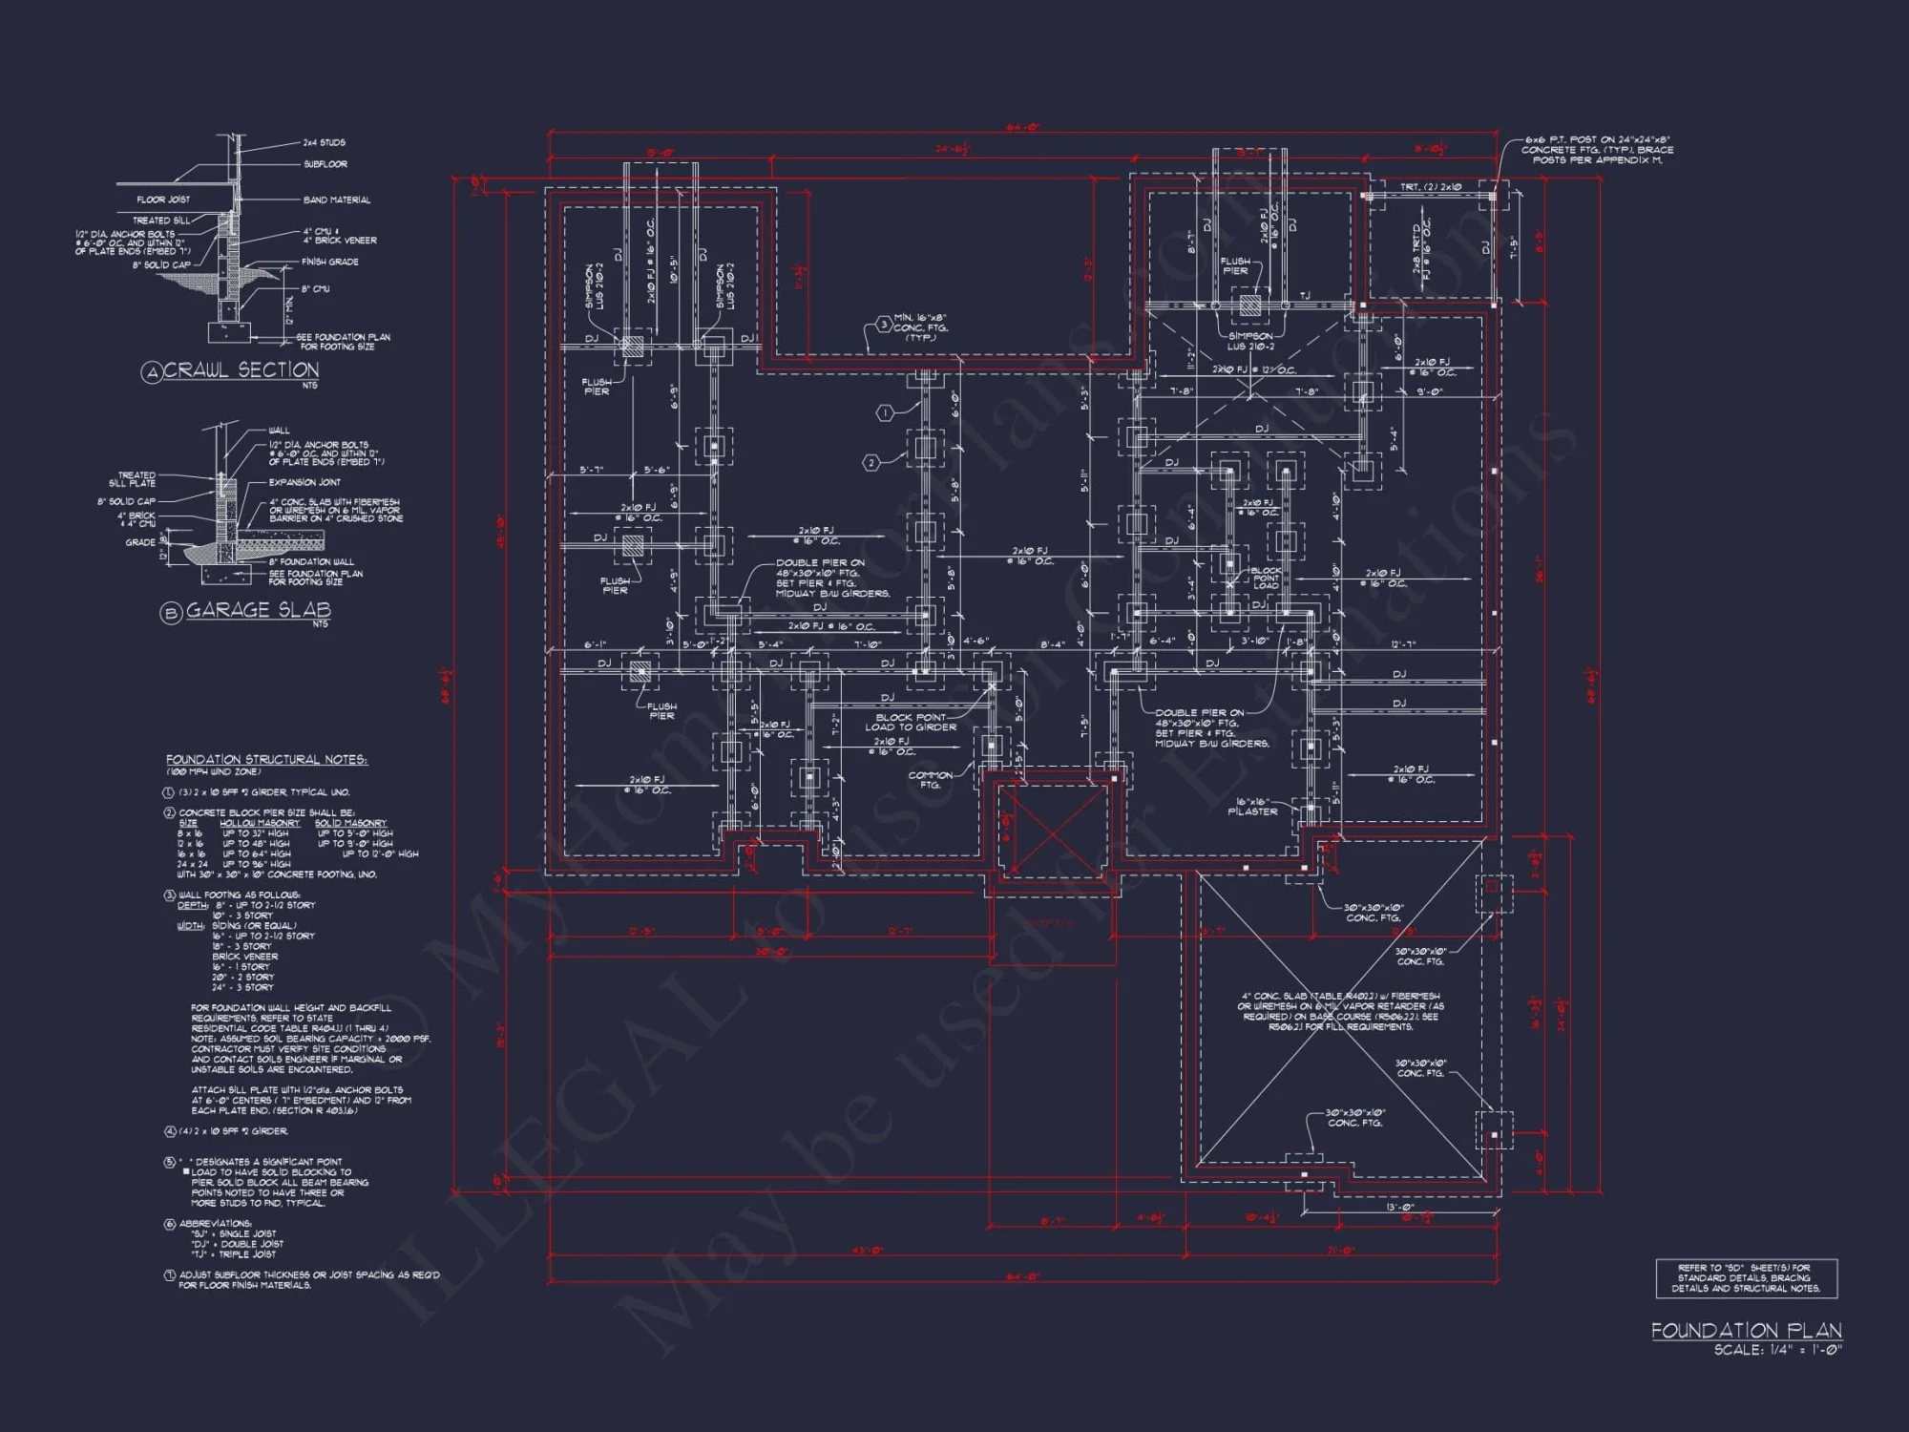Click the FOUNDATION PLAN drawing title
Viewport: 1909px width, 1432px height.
click(1746, 1330)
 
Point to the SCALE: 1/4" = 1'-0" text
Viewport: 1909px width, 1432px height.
click(1777, 1350)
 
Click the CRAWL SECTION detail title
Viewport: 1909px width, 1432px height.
click(241, 370)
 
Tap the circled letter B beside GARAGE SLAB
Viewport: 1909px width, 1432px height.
click(171, 613)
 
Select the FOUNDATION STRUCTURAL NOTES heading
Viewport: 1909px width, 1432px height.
click(266, 760)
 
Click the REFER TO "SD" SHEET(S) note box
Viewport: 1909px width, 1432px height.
click(1746, 1278)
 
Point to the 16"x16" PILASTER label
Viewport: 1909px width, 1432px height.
click(1251, 807)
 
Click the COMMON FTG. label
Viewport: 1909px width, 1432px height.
click(930, 779)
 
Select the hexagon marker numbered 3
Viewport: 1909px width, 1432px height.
click(884, 325)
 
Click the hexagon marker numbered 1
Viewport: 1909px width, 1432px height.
click(885, 412)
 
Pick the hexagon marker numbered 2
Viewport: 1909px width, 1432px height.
click(871, 463)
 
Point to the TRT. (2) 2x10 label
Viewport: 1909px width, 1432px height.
click(1430, 187)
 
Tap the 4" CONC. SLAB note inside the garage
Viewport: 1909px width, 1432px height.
click(1340, 1011)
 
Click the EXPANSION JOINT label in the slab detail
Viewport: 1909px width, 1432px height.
click(304, 482)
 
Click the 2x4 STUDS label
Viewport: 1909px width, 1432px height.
click(324, 142)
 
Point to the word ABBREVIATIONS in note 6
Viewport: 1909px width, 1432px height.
click(215, 1223)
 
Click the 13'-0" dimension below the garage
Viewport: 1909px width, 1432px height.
click(1400, 1207)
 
